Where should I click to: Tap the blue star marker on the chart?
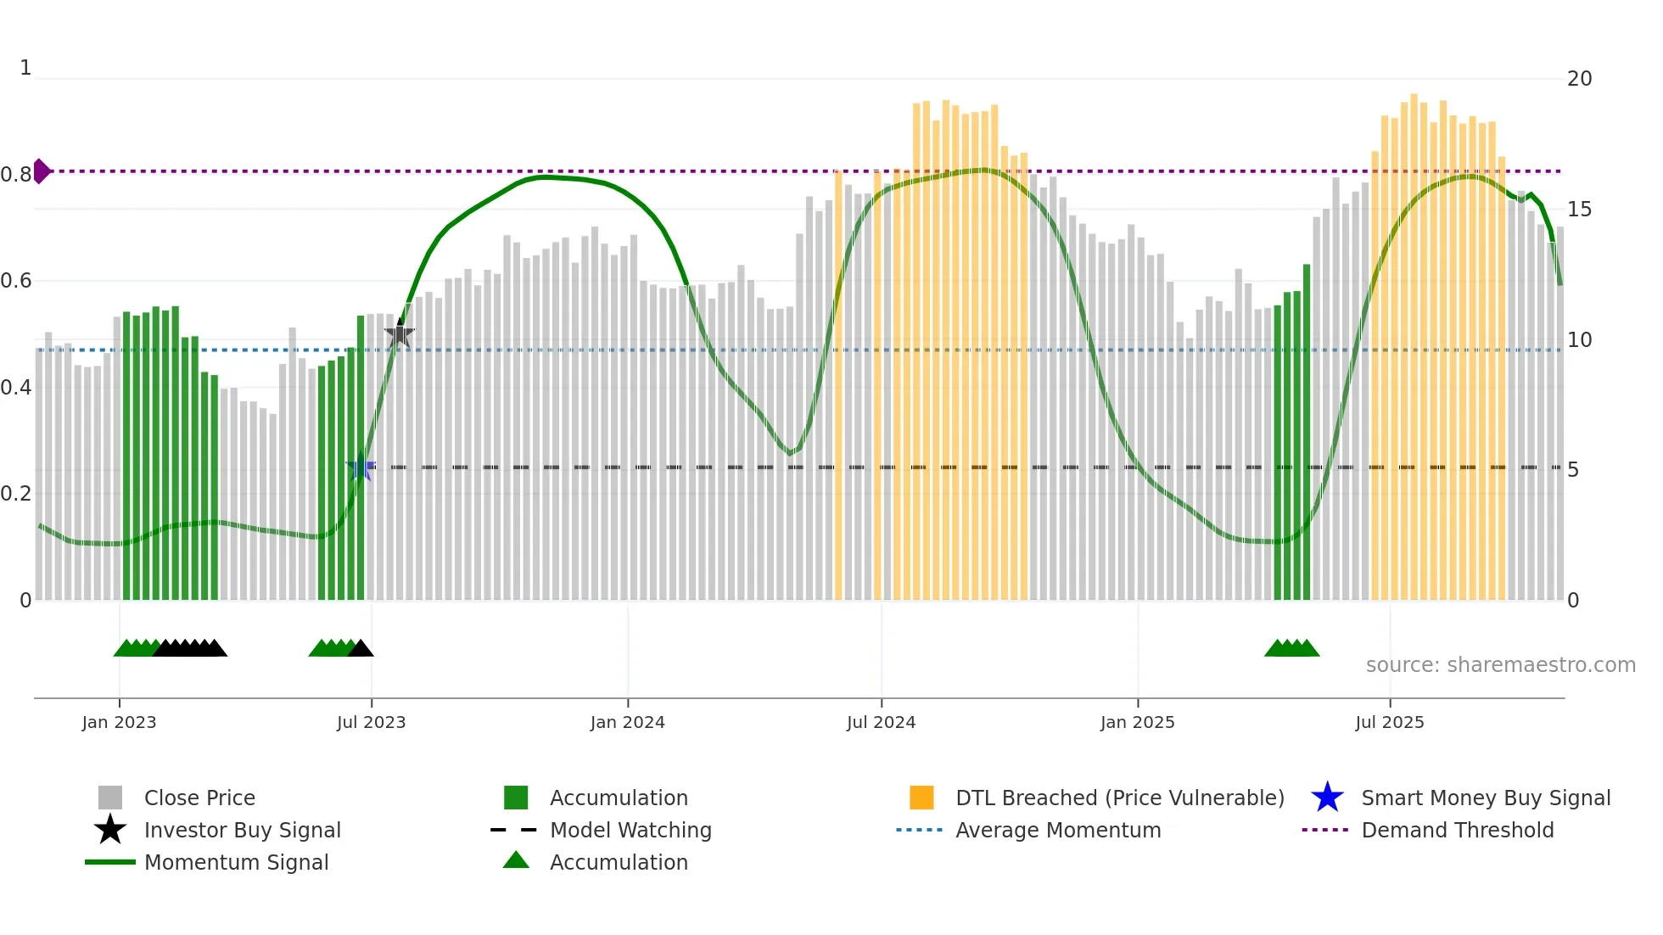(x=361, y=467)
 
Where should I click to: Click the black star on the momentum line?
(x=400, y=334)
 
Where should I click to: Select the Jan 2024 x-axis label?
(x=627, y=722)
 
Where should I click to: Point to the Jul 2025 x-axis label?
(x=1389, y=722)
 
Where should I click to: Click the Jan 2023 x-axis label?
(x=119, y=722)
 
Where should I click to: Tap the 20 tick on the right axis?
(x=1579, y=79)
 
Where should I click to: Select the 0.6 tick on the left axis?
(x=17, y=281)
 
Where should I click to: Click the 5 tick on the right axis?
(x=1573, y=470)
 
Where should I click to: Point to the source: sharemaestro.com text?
(x=1500, y=664)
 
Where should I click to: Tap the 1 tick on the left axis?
(x=25, y=68)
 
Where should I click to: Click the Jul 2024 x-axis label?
(x=881, y=722)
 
